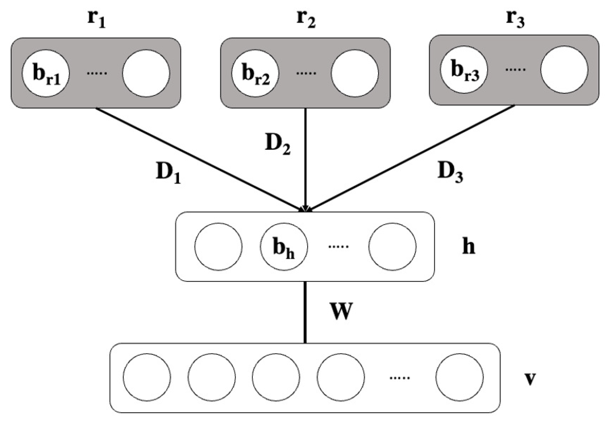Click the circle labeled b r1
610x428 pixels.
(46, 73)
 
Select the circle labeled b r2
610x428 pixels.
(255, 73)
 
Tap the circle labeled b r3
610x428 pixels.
(464, 70)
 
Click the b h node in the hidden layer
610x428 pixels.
(284, 247)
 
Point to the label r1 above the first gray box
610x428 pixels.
(97, 20)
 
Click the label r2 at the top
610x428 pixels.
(306, 20)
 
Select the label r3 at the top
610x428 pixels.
(515, 20)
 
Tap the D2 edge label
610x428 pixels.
(278, 144)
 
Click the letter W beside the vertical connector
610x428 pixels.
(341, 311)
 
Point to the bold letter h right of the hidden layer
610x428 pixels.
(469, 247)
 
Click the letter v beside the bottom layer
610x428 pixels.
(529, 379)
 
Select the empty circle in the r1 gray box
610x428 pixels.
(146, 73)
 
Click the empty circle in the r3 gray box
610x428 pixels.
(564, 70)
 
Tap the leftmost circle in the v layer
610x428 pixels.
(147, 377)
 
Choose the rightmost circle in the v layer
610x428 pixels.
(459, 377)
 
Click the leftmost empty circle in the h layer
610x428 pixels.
(218, 247)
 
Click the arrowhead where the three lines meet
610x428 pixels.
(305, 209)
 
